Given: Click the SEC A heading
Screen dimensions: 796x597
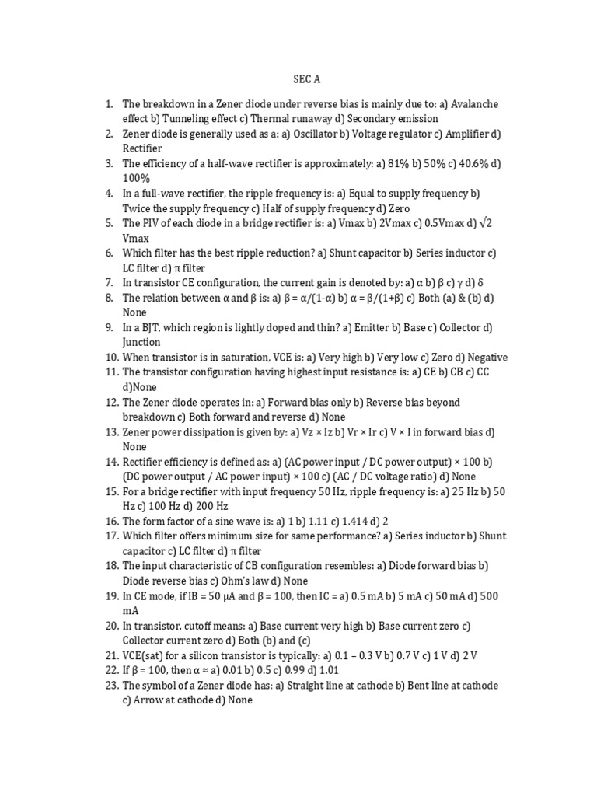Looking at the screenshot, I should (x=306, y=79).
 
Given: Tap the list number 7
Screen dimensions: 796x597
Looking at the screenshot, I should (x=110, y=283).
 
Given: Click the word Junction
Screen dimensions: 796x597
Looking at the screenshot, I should (x=141, y=342).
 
